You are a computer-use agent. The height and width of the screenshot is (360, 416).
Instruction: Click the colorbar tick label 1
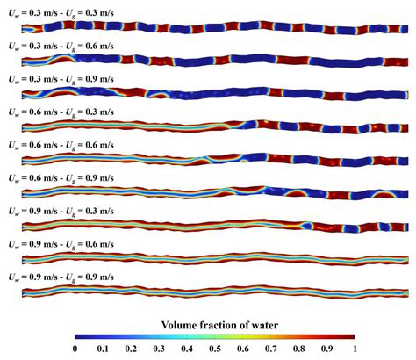click(354, 350)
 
